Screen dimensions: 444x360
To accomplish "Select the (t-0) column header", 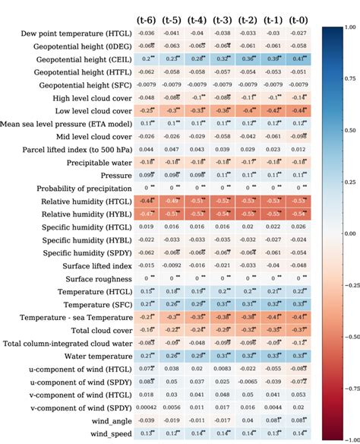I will pos(299,19).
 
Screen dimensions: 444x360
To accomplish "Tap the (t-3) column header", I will pos(223,19).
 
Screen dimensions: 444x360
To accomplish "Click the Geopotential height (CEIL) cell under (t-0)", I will pos(299,59).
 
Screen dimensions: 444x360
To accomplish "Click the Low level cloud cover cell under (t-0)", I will pos(299,110).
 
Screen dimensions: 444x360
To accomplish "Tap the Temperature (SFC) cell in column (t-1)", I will pos(274,304).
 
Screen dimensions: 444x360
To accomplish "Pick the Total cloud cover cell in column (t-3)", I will pos(223,330).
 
